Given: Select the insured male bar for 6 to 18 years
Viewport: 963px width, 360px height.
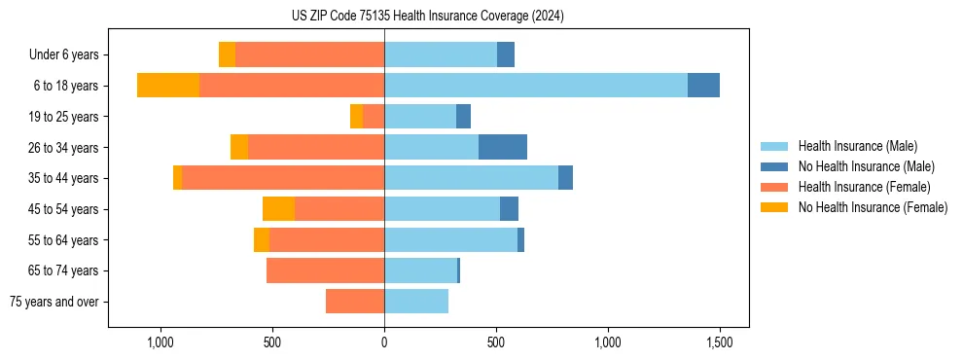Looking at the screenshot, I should tap(536, 85).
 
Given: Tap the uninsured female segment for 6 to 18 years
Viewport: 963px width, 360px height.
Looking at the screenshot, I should tap(168, 85).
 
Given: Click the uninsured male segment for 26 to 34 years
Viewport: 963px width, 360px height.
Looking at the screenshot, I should tap(503, 147).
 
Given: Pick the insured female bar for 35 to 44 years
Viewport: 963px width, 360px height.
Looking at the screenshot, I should tap(283, 178).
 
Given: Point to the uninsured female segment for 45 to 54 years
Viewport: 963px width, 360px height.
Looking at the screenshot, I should tap(278, 208).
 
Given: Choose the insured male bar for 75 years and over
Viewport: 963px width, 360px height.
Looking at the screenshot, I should tap(416, 302).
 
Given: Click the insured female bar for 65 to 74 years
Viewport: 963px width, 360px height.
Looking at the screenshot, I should tap(325, 270).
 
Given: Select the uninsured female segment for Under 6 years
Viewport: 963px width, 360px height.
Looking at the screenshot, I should tap(227, 54).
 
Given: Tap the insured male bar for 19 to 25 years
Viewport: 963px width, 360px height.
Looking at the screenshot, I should tap(420, 116).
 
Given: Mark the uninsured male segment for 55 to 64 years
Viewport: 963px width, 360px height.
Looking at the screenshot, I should tap(520, 239).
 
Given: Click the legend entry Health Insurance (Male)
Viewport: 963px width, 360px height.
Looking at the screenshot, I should tap(857, 146).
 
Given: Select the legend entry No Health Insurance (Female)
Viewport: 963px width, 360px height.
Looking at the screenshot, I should tap(873, 207).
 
